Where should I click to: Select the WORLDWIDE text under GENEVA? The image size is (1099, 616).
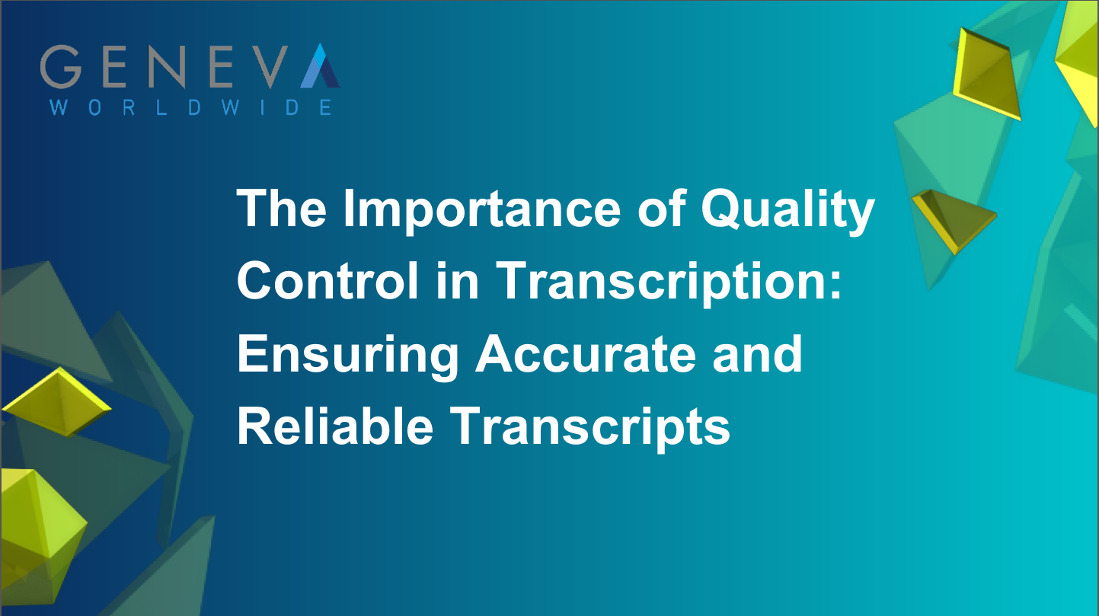(190, 107)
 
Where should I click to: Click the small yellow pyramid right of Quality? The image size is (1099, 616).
(951, 217)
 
